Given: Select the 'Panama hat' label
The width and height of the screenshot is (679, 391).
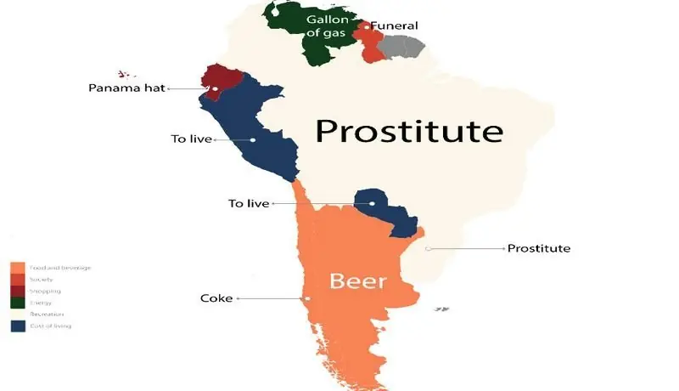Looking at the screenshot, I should point(127,88).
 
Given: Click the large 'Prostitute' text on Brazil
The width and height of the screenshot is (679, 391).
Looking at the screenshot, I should point(409,132).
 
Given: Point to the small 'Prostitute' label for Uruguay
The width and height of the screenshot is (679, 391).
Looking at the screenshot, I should point(538,248).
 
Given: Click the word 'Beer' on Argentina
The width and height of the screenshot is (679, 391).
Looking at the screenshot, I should point(358,281).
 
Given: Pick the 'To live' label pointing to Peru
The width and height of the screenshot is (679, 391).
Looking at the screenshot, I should point(191,139).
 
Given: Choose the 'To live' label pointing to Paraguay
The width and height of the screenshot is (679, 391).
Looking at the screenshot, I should point(249,203).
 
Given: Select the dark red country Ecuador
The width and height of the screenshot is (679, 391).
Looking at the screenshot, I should point(219,79).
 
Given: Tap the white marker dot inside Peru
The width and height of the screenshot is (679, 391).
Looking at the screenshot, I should point(253,139).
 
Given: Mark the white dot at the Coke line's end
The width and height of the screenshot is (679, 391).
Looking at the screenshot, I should point(308,298).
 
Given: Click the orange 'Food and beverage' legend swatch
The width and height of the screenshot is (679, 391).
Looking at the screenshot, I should point(16,268).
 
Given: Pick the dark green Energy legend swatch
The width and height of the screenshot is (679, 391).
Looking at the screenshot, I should point(16,303).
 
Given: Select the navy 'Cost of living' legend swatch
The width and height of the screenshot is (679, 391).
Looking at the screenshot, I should point(16,326).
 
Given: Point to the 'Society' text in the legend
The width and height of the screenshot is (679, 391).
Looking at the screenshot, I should point(40,279).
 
